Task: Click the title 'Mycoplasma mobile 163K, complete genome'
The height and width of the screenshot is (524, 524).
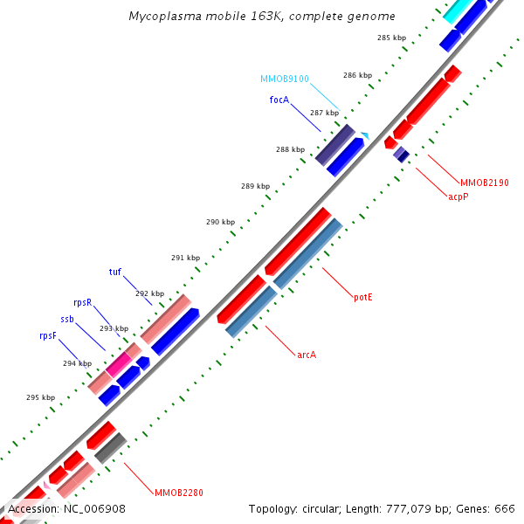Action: tap(262, 17)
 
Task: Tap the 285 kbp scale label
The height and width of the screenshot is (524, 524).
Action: tap(391, 38)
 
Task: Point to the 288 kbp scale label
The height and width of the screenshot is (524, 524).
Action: tap(290, 149)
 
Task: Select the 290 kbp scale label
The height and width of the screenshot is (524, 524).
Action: tap(220, 222)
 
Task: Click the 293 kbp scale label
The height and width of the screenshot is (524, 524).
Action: tap(114, 329)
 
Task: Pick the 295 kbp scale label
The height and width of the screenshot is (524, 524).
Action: tap(40, 397)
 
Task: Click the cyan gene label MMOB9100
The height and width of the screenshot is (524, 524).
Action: tap(284, 79)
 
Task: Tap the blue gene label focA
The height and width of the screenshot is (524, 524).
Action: tap(279, 100)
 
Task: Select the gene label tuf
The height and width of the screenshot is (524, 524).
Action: tap(115, 272)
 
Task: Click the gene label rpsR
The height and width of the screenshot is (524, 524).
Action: tap(83, 302)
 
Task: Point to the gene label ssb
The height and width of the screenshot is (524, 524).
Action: tap(67, 319)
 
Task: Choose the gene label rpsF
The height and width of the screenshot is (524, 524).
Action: tap(48, 335)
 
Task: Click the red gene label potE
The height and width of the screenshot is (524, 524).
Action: tap(363, 297)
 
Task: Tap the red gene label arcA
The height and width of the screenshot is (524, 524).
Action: tap(307, 354)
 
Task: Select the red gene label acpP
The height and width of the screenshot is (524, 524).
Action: tap(458, 197)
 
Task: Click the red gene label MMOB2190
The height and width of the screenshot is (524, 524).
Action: tap(485, 183)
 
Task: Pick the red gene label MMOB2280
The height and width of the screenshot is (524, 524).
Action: tap(178, 493)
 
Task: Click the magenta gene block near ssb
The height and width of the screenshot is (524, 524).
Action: tap(119, 363)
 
